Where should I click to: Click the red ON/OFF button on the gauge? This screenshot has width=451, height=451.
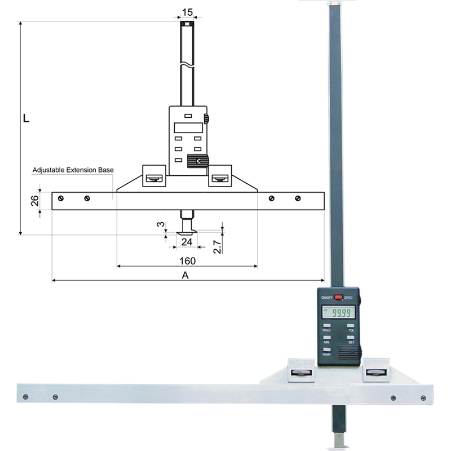pos(338,297)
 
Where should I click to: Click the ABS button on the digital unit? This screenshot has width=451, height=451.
pos(327,338)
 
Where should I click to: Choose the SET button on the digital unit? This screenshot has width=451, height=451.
pos(350,338)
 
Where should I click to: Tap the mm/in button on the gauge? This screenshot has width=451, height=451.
pos(327,350)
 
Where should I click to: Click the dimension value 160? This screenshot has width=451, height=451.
pos(187,260)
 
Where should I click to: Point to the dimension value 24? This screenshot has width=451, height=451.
pos(187,241)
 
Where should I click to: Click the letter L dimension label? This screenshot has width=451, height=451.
pos(26,120)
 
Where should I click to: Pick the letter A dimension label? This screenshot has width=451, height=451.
pos(184,275)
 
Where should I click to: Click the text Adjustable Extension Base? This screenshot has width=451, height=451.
pos(73,170)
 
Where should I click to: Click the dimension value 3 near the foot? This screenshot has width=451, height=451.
pos(161,224)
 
